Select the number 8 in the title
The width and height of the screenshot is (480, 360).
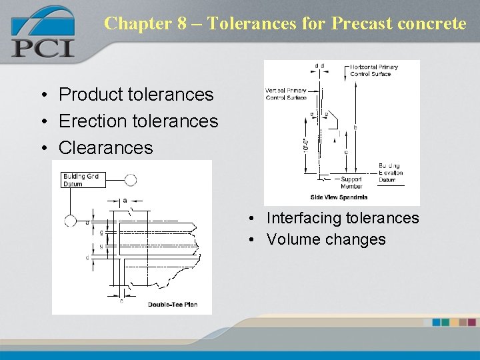click(181, 23)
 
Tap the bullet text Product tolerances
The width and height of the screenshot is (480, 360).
click(136, 95)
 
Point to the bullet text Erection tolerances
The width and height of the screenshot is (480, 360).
click(138, 121)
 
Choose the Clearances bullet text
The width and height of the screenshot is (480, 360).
click(105, 148)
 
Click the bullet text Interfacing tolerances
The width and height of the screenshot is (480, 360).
click(342, 218)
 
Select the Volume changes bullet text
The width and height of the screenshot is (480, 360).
click(325, 239)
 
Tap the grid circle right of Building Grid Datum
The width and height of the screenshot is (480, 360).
click(131, 180)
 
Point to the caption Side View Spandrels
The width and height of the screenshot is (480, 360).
click(339, 197)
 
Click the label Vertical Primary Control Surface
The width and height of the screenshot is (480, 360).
click(286, 94)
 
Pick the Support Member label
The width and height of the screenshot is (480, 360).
click(351, 183)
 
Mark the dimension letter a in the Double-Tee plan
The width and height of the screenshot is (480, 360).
click(125, 199)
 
